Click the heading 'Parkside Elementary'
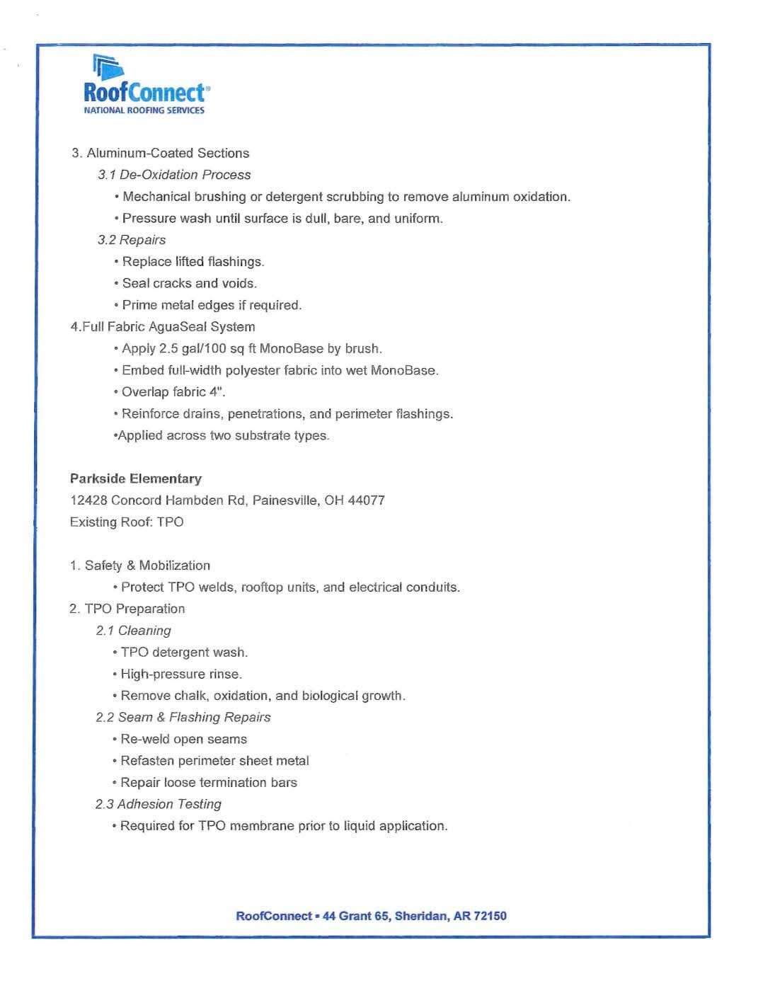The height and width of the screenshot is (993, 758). click(x=136, y=478)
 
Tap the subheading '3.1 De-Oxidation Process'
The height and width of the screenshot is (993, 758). click(x=174, y=175)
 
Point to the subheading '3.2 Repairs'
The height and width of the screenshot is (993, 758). click(x=132, y=240)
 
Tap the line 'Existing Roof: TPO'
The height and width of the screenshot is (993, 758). click(x=127, y=522)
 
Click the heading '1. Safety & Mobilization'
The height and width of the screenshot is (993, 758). click(x=140, y=566)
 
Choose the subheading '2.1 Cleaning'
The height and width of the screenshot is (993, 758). click(x=134, y=631)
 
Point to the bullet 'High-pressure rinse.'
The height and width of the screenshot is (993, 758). click(x=181, y=674)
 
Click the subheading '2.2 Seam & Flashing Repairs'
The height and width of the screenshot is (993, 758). click(x=183, y=717)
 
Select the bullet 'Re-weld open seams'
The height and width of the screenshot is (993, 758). click(x=183, y=739)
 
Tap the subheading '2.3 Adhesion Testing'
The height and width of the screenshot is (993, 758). click(x=159, y=804)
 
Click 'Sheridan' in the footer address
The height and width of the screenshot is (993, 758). click(x=421, y=916)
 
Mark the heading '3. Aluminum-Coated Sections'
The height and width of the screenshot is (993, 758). click(x=161, y=153)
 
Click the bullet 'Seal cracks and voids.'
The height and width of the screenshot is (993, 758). click(x=189, y=283)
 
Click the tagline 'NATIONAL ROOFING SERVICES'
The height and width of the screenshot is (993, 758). click(x=144, y=110)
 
